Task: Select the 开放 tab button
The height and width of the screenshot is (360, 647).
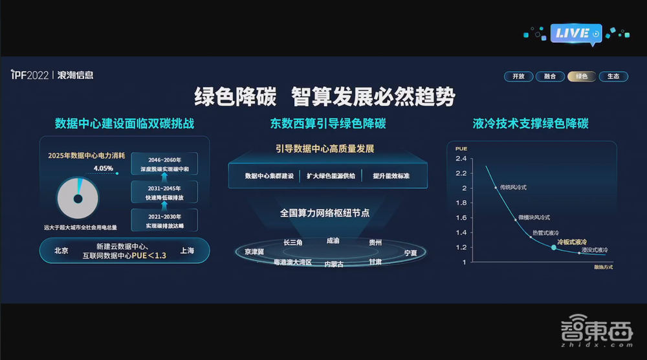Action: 518,76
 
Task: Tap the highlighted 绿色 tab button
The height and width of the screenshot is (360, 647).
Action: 581,76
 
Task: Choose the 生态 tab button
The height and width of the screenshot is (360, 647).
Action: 613,76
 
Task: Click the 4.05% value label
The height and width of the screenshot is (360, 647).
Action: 104,168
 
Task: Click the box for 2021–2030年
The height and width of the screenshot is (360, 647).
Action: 164,220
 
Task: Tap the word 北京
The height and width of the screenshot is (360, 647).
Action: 61,251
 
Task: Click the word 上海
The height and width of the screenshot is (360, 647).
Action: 188,251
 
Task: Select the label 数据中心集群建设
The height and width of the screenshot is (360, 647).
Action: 269,176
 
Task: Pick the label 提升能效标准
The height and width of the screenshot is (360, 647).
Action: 391,176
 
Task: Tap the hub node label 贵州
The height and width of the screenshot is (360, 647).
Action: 375,242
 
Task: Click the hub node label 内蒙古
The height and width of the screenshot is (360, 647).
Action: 334,264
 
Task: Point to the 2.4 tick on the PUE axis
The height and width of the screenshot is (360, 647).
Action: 461,158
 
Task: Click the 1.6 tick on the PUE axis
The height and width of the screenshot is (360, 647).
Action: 461,218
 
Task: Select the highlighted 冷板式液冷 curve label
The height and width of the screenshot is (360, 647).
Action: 573,240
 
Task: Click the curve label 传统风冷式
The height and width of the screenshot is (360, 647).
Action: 514,187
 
